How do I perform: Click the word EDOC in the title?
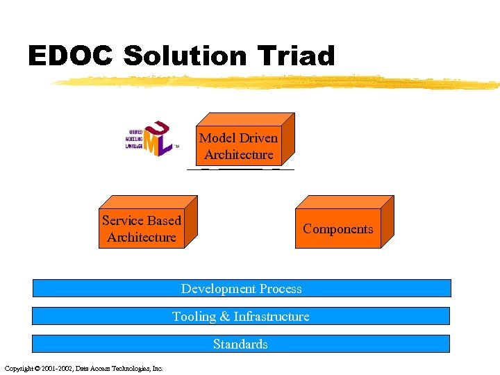[70, 56]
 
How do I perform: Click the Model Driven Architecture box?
[239, 146]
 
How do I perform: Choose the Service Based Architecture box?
[142, 228]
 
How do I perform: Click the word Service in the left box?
[122, 221]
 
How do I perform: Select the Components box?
[338, 228]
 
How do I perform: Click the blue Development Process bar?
[242, 288]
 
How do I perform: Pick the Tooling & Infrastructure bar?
[241, 316]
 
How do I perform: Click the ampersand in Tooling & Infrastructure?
[224, 317]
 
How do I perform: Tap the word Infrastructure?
[272, 317]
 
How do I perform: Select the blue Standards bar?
[241, 344]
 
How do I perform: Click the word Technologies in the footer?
[130, 368]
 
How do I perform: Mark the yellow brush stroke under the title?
[278, 83]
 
